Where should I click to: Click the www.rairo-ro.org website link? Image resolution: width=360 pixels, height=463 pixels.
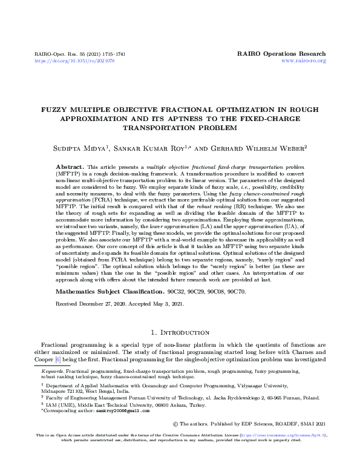304,61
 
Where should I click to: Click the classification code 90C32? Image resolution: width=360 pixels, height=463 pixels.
186,291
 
